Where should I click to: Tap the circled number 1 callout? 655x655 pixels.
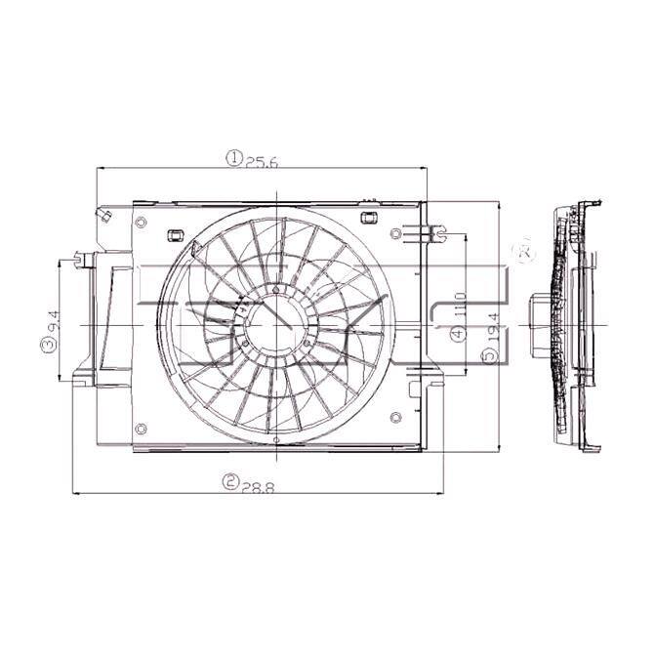tap(234, 158)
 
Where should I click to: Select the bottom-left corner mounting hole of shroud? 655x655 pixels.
tap(143, 427)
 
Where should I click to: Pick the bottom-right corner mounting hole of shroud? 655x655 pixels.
tap(395, 418)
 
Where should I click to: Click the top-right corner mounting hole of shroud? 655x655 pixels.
tap(395, 234)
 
